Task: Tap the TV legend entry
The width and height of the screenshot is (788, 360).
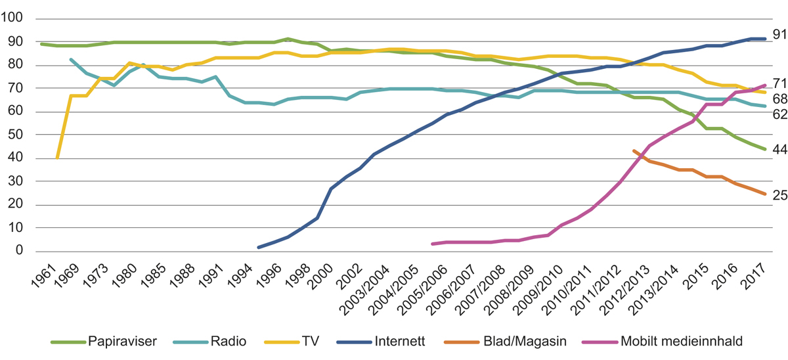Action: (307, 342)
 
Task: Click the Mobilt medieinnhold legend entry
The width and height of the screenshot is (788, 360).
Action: (662, 342)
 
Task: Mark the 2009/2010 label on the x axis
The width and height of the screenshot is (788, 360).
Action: (539, 284)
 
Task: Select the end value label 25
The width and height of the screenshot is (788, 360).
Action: (779, 195)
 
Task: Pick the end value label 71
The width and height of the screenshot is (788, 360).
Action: (779, 83)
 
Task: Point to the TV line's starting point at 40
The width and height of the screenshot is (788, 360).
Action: (58, 158)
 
